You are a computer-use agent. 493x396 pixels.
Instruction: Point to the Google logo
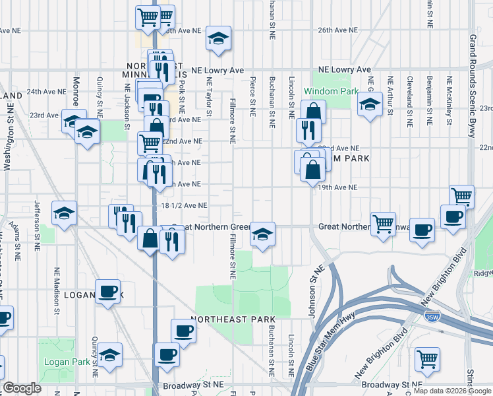coord(22,388)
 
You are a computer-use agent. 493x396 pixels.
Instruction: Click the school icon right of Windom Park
coord(370,104)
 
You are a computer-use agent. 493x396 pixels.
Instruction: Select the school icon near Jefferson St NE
coord(64,213)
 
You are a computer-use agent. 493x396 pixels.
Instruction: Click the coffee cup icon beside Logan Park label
coord(107,292)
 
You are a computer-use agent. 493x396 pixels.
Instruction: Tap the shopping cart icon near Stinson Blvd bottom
coord(427,360)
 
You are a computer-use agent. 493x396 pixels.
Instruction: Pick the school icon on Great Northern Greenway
coord(262,234)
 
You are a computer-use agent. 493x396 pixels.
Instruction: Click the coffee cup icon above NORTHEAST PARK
coord(183,331)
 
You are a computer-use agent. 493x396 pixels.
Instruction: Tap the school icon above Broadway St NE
coord(110,356)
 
